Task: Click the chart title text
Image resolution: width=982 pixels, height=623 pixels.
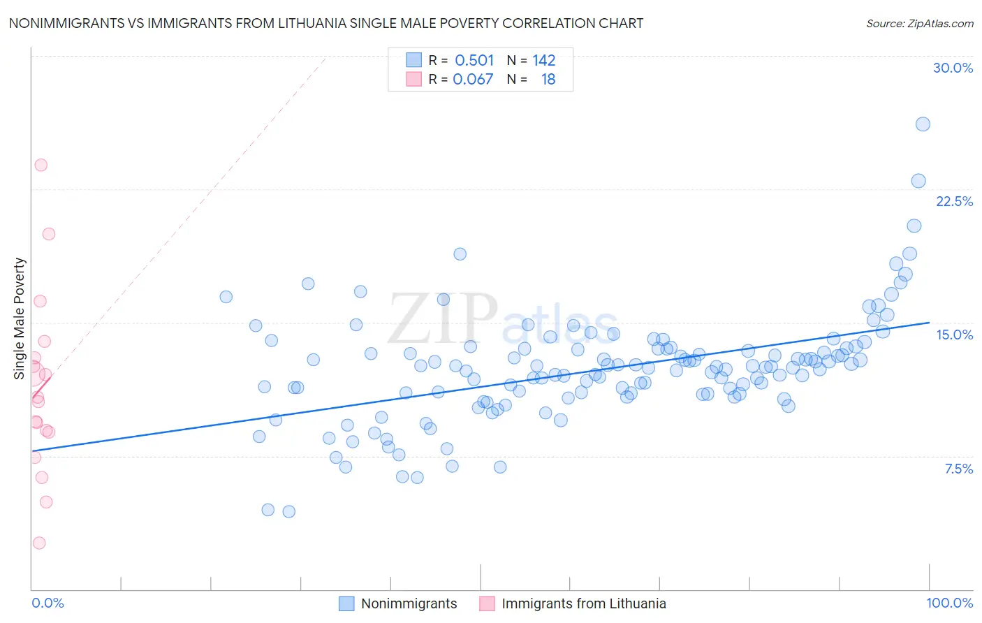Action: (325, 23)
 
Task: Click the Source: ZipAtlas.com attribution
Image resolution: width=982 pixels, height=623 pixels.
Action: (919, 23)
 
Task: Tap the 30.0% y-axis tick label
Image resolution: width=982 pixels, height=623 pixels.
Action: (953, 68)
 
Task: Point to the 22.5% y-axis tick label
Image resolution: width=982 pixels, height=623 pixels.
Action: (954, 201)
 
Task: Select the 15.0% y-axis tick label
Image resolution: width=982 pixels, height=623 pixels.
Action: (954, 335)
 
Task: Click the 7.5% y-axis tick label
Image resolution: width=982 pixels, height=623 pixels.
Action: (958, 469)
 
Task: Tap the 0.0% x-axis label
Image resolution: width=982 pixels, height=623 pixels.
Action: (47, 603)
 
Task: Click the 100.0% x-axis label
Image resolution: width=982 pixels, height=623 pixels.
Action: (949, 603)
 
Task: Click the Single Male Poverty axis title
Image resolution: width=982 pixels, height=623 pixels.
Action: (20, 318)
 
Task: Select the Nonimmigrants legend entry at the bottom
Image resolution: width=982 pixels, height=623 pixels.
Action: (409, 603)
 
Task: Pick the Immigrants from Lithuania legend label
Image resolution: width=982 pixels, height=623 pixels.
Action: (583, 603)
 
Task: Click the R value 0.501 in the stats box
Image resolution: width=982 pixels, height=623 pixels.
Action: (474, 61)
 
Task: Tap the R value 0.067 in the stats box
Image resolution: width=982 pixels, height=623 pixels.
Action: (473, 80)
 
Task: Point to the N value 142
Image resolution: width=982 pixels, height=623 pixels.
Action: (543, 61)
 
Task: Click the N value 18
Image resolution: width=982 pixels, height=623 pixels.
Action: (548, 80)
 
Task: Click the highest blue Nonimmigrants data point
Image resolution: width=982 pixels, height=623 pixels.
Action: (923, 124)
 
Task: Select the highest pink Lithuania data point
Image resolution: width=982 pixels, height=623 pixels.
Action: (41, 166)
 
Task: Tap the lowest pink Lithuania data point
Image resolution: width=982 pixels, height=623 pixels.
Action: (39, 543)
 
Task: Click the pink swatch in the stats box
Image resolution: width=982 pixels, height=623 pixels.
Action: (414, 79)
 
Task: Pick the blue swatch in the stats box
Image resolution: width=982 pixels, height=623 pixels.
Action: (414, 60)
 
